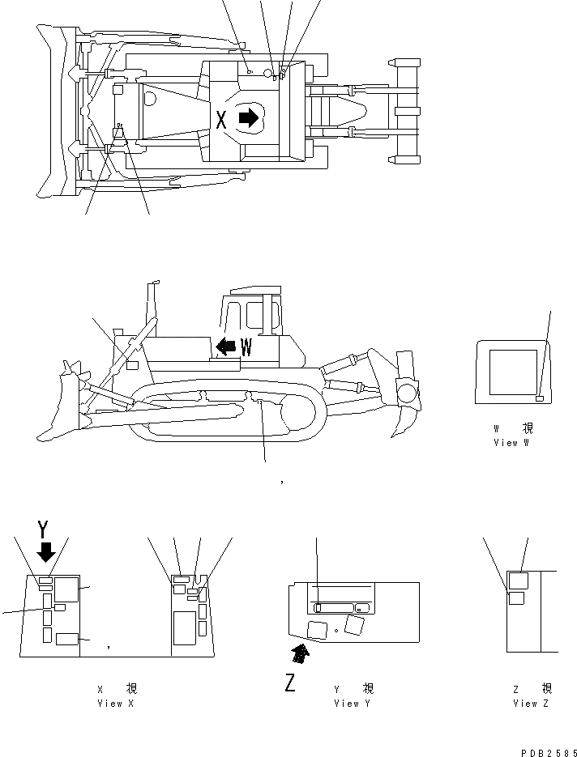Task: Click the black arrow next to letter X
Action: coord(249,119)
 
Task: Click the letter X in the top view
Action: coord(222,121)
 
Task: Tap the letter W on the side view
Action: coord(246,348)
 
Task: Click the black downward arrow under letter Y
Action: coord(46,552)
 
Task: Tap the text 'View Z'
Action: coord(531,704)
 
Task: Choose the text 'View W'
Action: coord(511,443)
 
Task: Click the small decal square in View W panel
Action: coord(540,398)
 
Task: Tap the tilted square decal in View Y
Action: coord(355,623)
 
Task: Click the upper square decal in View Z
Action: coord(518,580)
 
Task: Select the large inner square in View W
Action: coord(508,372)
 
